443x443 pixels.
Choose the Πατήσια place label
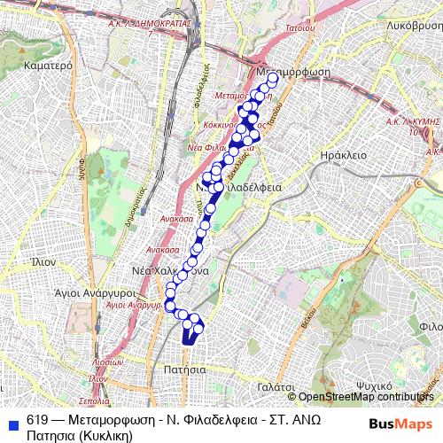pos(185,368)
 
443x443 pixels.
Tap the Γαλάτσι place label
pos(277,387)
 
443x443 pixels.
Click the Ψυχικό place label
pos(375,386)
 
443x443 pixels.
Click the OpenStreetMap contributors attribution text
pos(367,397)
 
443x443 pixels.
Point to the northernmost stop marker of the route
pos(272,79)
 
